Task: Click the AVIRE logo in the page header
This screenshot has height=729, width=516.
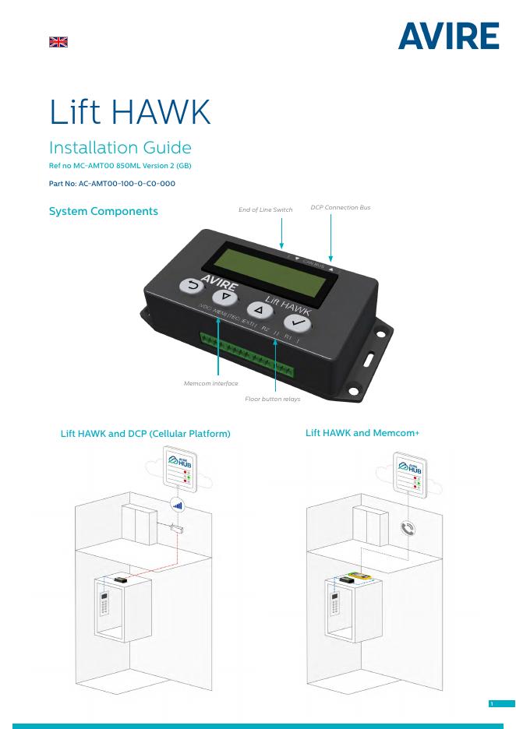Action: click(448, 37)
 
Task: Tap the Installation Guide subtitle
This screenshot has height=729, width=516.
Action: click(120, 147)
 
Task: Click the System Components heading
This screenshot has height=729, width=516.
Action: click(103, 211)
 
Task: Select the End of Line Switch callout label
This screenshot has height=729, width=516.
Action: click(266, 210)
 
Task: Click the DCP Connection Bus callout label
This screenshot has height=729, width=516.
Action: click(340, 208)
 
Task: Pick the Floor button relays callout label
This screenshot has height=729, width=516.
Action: click(273, 399)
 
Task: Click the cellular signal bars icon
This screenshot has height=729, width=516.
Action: click(178, 504)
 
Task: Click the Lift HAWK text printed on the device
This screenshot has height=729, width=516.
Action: click(288, 306)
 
